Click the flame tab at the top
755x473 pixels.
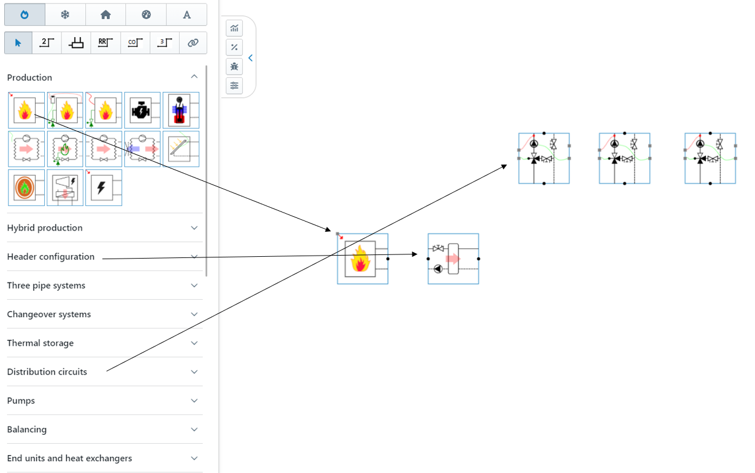pyautogui.click(x=24, y=14)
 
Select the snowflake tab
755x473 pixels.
pyautogui.click(x=65, y=14)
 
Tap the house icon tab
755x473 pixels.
pyautogui.click(x=106, y=14)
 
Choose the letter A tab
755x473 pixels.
pyautogui.click(x=187, y=14)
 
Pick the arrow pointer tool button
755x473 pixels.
pyautogui.click(x=18, y=43)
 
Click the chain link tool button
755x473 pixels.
pyautogui.click(x=192, y=43)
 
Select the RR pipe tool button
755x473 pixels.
pyautogui.click(x=106, y=43)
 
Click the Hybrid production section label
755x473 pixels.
pyautogui.click(x=45, y=228)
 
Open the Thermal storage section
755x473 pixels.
pyautogui.click(x=41, y=343)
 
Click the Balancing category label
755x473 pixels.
pyautogui.click(x=27, y=429)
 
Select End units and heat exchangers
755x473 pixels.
pyautogui.click(x=69, y=458)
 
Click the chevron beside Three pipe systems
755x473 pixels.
pyautogui.click(x=194, y=285)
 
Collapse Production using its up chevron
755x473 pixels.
pyautogui.click(x=194, y=77)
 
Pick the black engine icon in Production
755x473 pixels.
pyautogui.click(x=142, y=110)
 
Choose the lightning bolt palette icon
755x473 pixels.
pyautogui.click(x=103, y=188)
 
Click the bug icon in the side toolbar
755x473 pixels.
pyautogui.click(x=235, y=66)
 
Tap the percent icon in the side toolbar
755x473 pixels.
pyautogui.click(x=235, y=47)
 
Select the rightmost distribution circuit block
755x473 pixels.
pyautogui.click(x=710, y=158)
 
